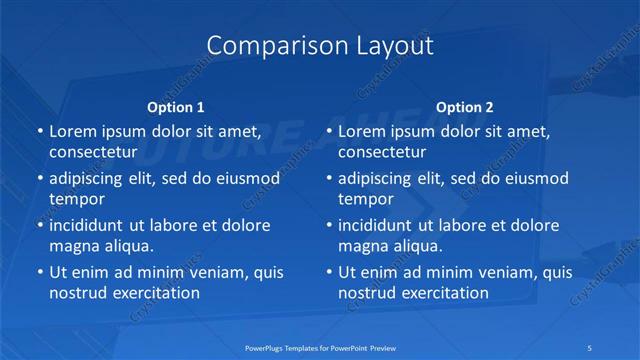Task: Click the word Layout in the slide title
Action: click(x=394, y=46)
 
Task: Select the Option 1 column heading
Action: click(x=175, y=107)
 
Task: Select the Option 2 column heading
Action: click(x=464, y=107)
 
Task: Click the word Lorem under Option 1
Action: click(x=74, y=131)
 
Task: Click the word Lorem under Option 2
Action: click(x=363, y=131)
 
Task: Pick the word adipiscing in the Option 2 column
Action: click(x=374, y=178)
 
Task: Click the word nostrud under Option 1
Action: click(x=78, y=293)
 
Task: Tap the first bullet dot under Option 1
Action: click(x=39, y=132)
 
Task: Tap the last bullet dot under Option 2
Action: click(x=329, y=272)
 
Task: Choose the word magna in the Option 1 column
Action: click(x=74, y=246)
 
